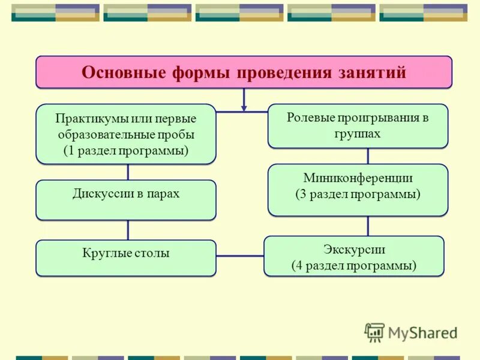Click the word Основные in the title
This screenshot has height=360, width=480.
(x=124, y=73)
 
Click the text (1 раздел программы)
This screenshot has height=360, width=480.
(x=126, y=151)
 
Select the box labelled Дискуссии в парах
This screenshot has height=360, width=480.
(x=126, y=200)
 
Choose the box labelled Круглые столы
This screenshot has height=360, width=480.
(x=126, y=259)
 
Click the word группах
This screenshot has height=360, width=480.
(x=358, y=133)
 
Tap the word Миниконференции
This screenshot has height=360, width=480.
(x=358, y=178)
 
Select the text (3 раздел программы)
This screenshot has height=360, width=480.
(x=358, y=194)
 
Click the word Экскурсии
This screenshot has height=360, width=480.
(x=354, y=250)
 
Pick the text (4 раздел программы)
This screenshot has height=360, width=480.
(x=354, y=266)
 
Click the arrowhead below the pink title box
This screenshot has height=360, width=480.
(x=244, y=107)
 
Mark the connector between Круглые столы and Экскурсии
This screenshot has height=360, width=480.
(x=240, y=256)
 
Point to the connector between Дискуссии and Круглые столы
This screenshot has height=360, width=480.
(x=128, y=230)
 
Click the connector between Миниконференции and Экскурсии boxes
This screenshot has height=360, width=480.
(x=368, y=226)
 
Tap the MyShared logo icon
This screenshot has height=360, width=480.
(x=374, y=332)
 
